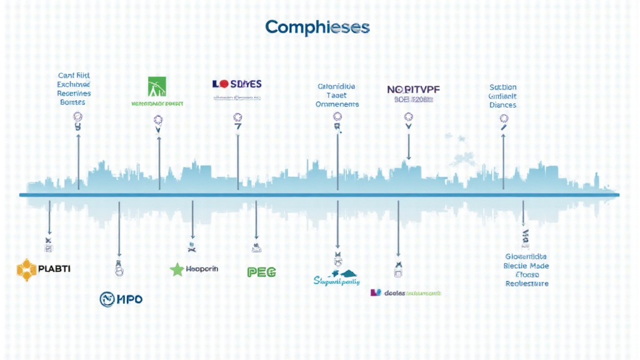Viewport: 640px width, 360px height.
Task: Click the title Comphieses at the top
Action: [x=317, y=27]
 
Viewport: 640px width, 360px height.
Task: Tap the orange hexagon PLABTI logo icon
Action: [x=27, y=269]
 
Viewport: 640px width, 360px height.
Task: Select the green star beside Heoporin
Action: [x=177, y=269]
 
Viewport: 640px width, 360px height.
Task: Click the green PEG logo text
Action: [x=262, y=272]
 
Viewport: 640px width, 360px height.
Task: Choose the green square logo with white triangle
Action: [x=157, y=86]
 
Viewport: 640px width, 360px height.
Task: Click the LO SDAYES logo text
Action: [x=237, y=84]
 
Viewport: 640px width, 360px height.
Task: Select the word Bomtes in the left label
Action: [x=72, y=102]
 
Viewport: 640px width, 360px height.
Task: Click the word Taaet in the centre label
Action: [x=337, y=96]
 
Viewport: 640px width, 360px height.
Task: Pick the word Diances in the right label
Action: [x=502, y=105]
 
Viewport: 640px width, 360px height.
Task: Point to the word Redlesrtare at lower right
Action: [x=526, y=283]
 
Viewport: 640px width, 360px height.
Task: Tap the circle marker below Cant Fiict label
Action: [x=78, y=116]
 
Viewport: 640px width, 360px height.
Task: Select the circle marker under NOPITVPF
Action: [x=409, y=116]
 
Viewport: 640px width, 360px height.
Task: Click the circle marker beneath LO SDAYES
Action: [x=237, y=117]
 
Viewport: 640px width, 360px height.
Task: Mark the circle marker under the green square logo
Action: [x=158, y=119]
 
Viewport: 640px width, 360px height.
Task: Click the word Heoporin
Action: [x=202, y=269]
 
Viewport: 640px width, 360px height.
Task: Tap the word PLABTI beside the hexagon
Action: [x=55, y=269]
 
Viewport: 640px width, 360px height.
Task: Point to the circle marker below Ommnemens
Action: [x=337, y=116]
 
